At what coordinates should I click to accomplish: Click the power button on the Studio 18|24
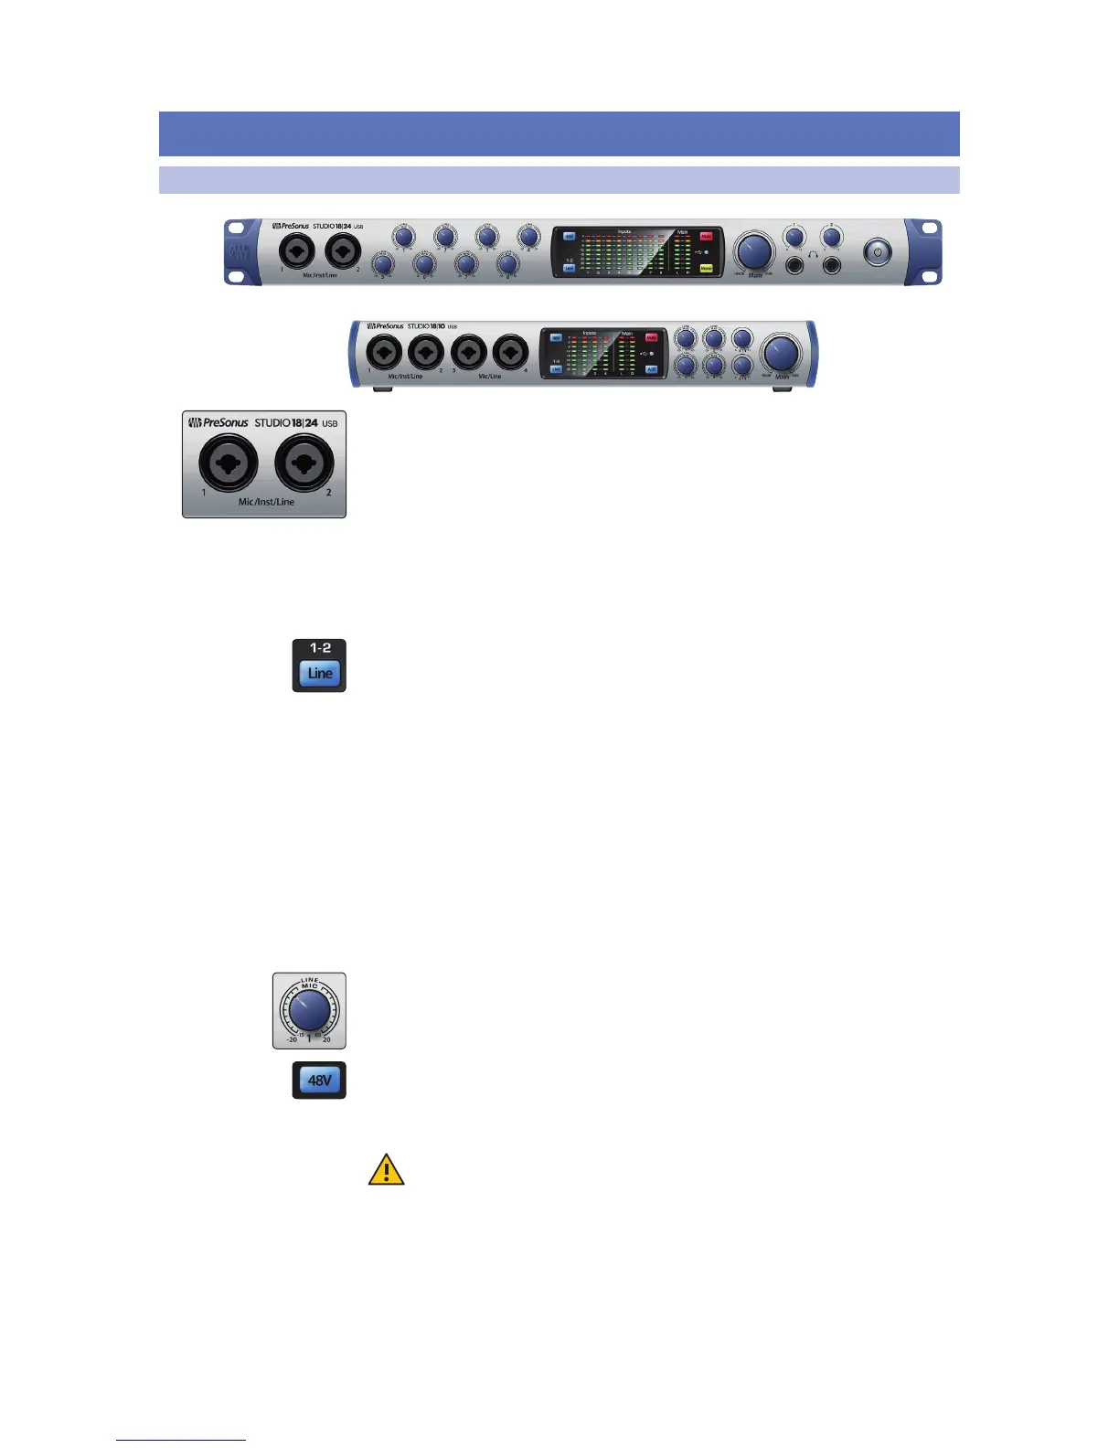[x=877, y=252]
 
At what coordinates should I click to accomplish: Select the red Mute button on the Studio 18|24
[x=706, y=237]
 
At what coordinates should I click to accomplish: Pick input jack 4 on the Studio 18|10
[x=510, y=352]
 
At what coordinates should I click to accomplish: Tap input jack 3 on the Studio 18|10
[x=468, y=352]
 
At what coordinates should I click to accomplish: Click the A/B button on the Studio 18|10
[x=652, y=370]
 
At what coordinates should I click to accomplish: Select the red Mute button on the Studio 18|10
[x=652, y=338]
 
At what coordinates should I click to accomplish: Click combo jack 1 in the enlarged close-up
[x=229, y=463]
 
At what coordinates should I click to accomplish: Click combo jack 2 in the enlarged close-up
[x=304, y=463]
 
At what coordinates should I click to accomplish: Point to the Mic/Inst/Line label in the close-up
[x=266, y=502]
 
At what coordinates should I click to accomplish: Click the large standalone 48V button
[x=319, y=1081]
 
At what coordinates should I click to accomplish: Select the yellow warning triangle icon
[x=386, y=1170]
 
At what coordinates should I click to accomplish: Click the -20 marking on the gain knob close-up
[x=292, y=1039]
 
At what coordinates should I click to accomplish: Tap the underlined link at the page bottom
[x=181, y=1440]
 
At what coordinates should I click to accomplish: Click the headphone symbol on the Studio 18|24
[x=813, y=257]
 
